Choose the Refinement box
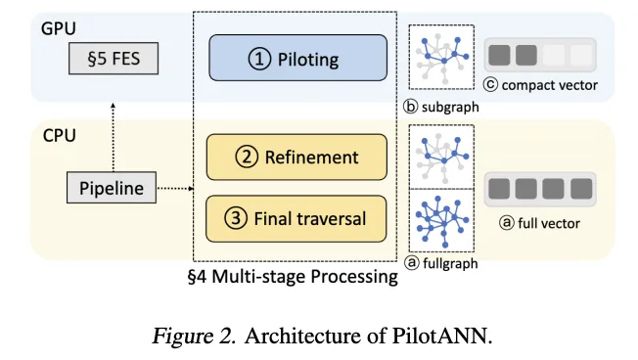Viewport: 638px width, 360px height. (296, 157)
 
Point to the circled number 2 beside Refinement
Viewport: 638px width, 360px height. (248, 157)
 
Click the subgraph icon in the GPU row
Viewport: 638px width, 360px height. (442, 58)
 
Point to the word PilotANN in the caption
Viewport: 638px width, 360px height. (447, 335)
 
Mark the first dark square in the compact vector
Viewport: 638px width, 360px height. (500, 56)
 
